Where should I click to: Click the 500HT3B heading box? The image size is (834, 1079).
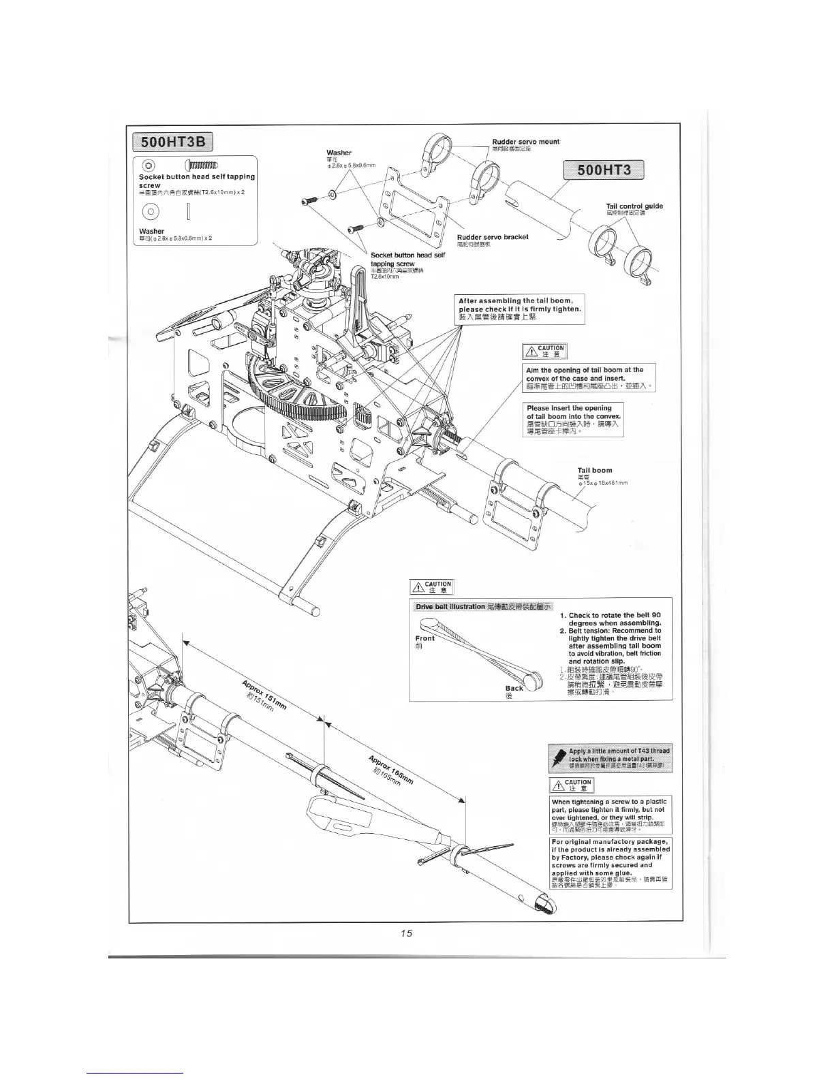point(173,142)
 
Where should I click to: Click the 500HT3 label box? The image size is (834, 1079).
point(603,171)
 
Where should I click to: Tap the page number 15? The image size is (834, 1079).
point(407,933)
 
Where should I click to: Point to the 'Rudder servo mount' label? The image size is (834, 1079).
point(525,142)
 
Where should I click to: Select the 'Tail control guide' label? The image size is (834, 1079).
point(634,206)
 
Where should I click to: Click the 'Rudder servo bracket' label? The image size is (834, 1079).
point(493,237)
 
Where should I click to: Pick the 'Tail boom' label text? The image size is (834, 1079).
point(594,470)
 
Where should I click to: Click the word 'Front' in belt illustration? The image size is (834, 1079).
point(424,638)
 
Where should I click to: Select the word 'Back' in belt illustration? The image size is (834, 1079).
point(514,688)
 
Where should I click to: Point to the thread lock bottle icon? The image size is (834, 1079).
point(559,757)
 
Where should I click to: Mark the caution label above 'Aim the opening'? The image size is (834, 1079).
point(544,351)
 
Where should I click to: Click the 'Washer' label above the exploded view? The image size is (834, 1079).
point(339,153)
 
